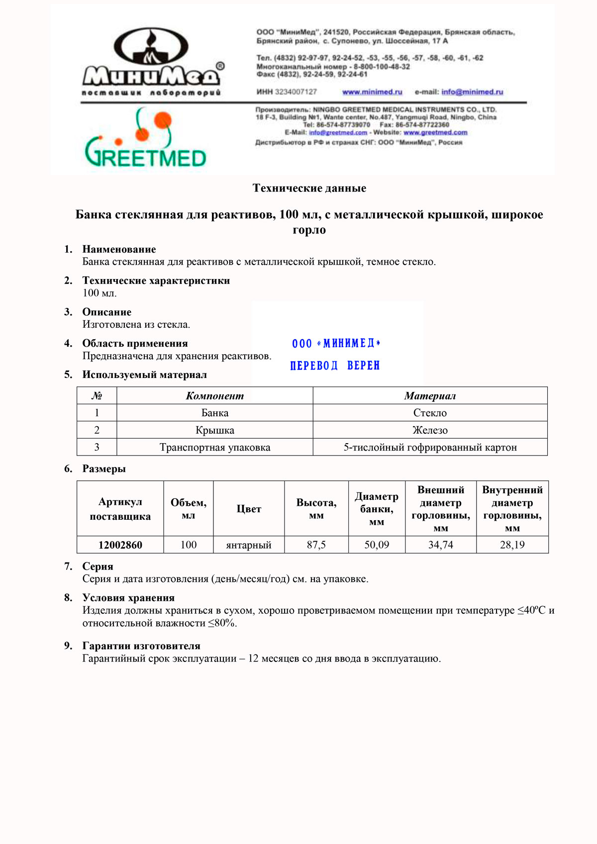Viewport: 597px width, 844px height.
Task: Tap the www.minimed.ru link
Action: point(372,92)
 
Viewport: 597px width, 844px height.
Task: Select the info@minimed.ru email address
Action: point(472,92)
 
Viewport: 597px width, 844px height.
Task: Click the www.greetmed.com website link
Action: point(435,133)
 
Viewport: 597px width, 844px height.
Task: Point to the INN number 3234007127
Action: point(296,92)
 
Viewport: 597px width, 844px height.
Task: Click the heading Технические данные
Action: point(309,188)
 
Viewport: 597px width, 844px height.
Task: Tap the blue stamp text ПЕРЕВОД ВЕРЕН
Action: point(335,366)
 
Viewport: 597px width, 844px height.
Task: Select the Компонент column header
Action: point(214,396)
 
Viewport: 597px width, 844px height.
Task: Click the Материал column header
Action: point(430,396)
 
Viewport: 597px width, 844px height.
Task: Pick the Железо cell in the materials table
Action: point(430,430)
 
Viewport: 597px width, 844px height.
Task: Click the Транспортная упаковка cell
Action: point(214,447)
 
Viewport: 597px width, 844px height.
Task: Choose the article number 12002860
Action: point(120,545)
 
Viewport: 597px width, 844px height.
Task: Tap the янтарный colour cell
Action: point(248,545)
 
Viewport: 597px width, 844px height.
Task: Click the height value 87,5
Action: point(316,545)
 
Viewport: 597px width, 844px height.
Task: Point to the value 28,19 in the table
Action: point(512,545)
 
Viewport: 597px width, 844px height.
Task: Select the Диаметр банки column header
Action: point(377,509)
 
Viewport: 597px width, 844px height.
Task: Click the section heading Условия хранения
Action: point(128,598)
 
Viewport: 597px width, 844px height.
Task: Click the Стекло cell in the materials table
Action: point(430,413)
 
